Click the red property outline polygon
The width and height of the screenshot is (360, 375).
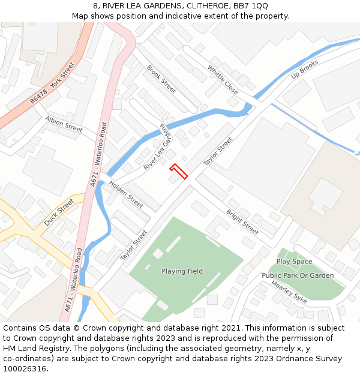pos(179,171)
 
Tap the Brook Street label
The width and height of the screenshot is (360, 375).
pos(161,79)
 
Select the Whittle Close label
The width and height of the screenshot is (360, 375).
pos(223,80)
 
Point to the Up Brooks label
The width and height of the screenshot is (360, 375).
pos(304,72)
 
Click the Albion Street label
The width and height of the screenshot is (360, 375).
pos(64,124)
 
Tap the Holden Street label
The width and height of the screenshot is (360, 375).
pos(126,196)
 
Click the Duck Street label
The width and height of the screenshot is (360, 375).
pos(59,212)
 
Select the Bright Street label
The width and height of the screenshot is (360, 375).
pos(242,221)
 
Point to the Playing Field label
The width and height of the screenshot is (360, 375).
pos(182,271)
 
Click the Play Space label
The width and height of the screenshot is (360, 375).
pos(294,262)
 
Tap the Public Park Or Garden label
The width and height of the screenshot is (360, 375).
pos(298,275)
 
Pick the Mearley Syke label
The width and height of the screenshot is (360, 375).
pos(289,291)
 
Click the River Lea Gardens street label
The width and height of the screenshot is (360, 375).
pos(157,147)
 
